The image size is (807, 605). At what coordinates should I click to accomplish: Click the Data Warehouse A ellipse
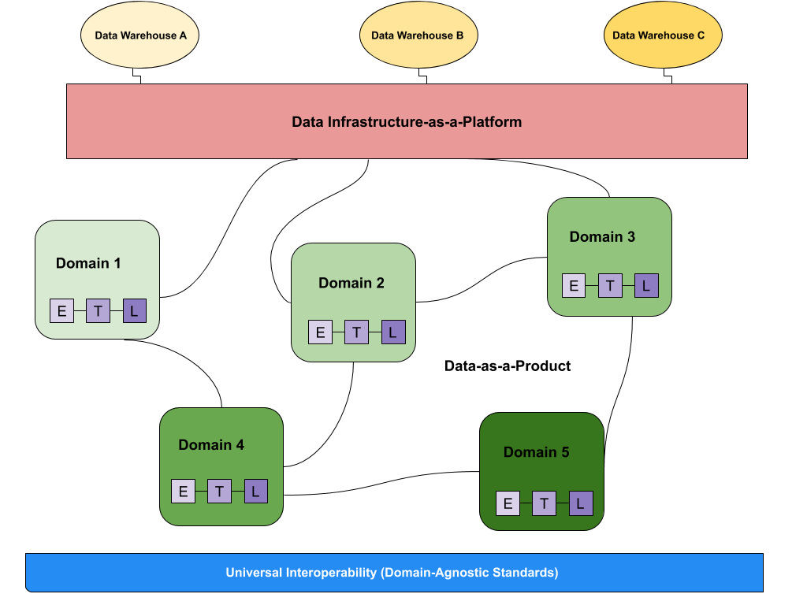[139, 35]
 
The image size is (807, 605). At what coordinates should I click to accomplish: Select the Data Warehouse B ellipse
[418, 35]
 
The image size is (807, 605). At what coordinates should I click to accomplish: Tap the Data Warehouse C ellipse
[662, 35]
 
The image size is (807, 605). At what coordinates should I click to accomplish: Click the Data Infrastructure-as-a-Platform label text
[407, 122]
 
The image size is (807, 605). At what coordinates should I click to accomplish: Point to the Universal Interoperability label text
[392, 573]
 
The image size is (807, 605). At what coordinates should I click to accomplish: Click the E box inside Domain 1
[62, 311]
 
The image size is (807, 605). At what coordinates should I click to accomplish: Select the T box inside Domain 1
[99, 311]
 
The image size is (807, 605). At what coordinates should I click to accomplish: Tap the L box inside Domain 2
[393, 332]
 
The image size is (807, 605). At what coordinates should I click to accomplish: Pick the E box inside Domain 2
[320, 332]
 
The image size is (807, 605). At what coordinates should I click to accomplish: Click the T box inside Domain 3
[610, 286]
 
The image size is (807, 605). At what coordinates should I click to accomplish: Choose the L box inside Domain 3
[646, 286]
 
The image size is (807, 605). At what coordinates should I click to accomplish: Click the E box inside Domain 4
[183, 492]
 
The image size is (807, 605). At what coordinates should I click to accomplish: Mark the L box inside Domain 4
[256, 492]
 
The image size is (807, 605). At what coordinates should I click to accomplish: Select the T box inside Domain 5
[544, 503]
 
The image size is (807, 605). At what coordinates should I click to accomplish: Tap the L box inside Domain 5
[581, 503]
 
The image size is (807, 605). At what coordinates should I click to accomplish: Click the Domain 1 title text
[88, 263]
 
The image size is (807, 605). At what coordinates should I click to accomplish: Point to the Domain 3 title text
[602, 237]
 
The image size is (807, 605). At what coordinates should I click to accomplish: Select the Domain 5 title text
[536, 452]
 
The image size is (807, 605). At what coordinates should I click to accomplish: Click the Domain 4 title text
[211, 445]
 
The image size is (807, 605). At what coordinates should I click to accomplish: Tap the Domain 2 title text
[351, 283]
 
